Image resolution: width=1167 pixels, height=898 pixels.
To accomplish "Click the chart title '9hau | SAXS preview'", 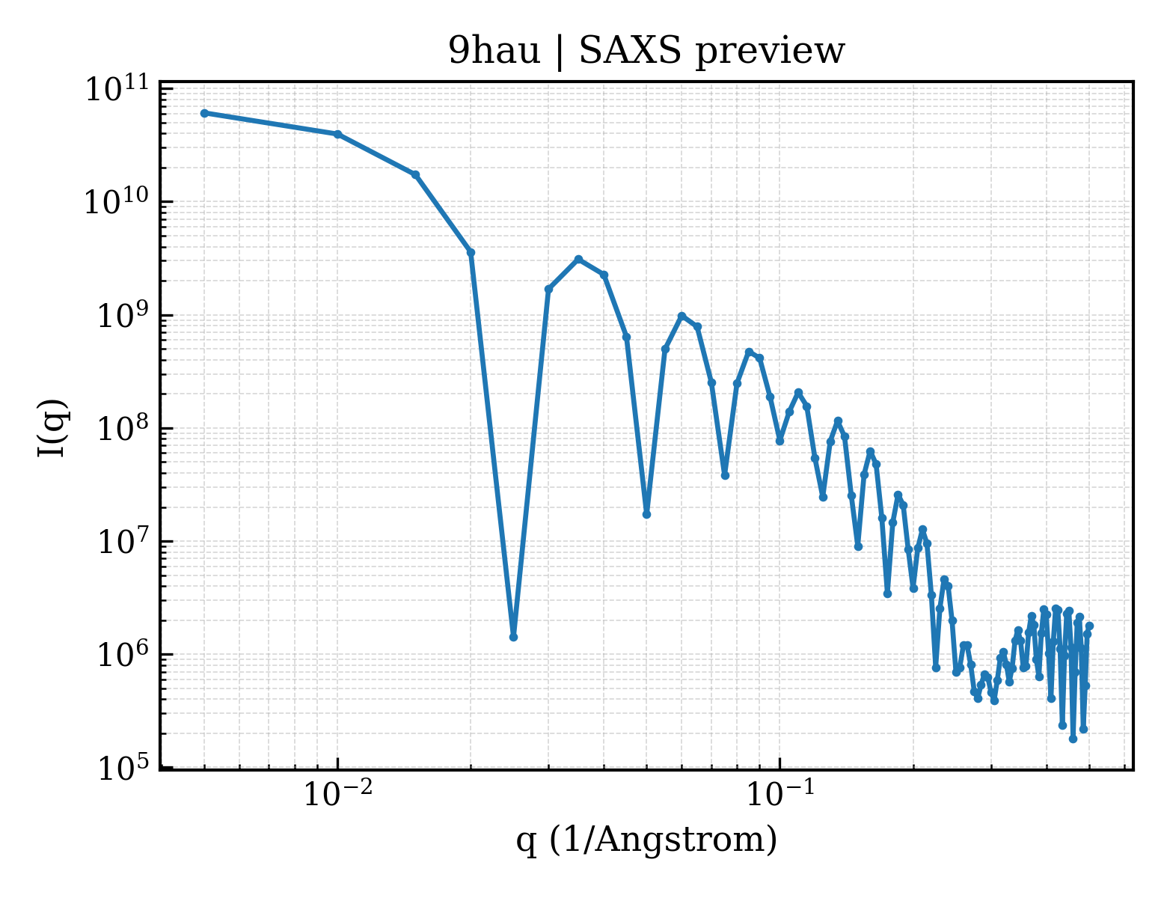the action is (x=646, y=51).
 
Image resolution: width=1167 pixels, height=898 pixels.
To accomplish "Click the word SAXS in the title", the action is (x=629, y=51).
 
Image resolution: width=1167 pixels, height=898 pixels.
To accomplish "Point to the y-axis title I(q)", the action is (x=52, y=428).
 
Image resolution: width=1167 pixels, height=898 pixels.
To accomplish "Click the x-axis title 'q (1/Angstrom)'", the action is (x=646, y=840).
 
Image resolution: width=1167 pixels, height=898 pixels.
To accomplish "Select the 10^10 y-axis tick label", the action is (x=117, y=203).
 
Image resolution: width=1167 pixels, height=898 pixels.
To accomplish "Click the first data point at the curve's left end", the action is (x=205, y=113).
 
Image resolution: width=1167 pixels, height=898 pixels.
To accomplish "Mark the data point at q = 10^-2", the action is (x=338, y=134).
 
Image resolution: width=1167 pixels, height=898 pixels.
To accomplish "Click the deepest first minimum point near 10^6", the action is (x=513, y=637).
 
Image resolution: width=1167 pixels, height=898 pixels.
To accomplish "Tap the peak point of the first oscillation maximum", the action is (x=578, y=260).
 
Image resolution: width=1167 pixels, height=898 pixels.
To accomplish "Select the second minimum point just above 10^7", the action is (x=646, y=515).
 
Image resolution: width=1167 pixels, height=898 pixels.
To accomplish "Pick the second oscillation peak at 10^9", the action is (x=682, y=317).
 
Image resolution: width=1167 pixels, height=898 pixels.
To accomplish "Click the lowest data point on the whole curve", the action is (x=1073, y=739).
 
